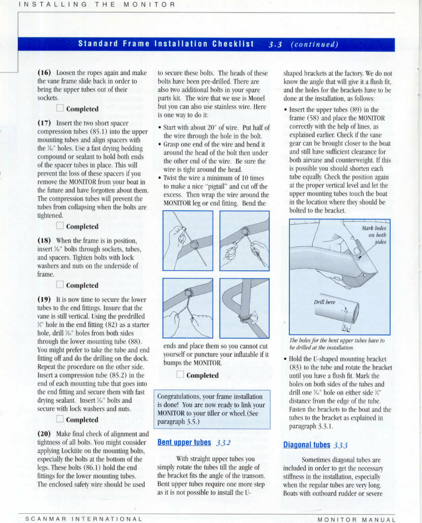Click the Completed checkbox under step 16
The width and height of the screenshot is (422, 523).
pyautogui.click(x=60, y=108)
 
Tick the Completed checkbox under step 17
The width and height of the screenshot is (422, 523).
pyautogui.click(x=60, y=226)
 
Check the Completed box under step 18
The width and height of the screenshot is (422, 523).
pyautogui.click(x=60, y=285)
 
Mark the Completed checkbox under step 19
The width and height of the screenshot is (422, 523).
pyautogui.click(x=60, y=419)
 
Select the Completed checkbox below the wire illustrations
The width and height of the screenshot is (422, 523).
pyautogui.click(x=180, y=375)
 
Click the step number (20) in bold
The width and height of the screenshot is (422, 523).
pyautogui.click(x=44, y=434)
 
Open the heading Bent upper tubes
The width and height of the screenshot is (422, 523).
pyautogui.click(x=184, y=442)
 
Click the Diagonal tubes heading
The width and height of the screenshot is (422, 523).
pyautogui.click(x=306, y=445)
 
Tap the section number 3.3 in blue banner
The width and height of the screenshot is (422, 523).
pyautogui.click(x=275, y=45)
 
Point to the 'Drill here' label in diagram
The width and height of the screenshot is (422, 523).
pyautogui.click(x=324, y=302)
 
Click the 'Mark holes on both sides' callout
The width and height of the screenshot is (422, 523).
pyautogui.click(x=374, y=235)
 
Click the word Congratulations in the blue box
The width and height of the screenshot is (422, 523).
pyautogui.click(x=174, y=396)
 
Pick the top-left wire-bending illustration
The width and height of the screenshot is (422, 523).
pyautogui.click(x=188, y=240)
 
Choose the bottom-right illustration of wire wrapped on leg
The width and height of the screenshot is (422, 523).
pyautogui.click(x=244, y=308)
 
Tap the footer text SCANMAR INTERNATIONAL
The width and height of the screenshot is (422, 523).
pyautogui.click(x=84, y=519)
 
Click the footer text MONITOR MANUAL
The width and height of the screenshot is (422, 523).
pyautogui.click(x=356, y=520)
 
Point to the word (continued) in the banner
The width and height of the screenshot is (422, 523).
pyautogui.click(x=314, y=45)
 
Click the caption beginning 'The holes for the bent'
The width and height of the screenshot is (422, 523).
pyautogui.click(x=337, y=344)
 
